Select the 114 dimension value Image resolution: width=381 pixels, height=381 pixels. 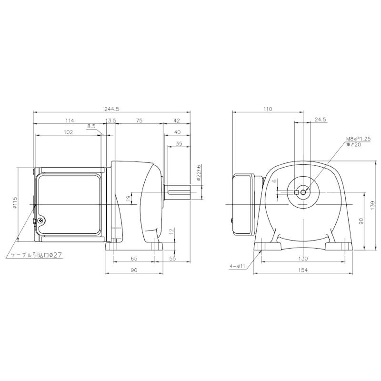(x=70, y=121)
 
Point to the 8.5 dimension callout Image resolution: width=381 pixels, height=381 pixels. (x=91, y=127)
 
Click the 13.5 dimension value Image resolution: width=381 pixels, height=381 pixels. (x=111, y=121)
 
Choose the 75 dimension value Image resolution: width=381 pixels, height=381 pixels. (x=139, y=121)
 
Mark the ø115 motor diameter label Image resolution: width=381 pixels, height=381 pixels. (x=15, y=203)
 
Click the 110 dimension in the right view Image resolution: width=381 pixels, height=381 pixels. (x=267, y=109)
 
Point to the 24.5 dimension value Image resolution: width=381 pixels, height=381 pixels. (x=320, y=120)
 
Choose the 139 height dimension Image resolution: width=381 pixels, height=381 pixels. (x=372, y=204)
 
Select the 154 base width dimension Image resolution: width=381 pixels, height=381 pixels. (x=303, y=270)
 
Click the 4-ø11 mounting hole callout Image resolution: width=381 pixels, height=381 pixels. (x=237, y=267)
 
